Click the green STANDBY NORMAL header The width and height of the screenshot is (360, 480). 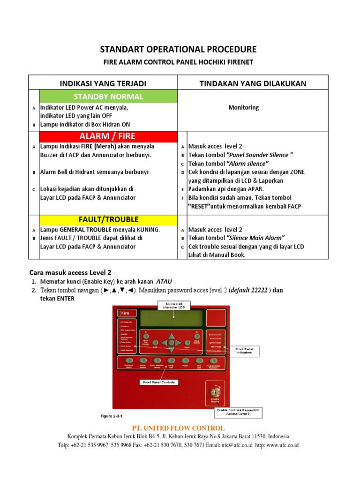(108, 97)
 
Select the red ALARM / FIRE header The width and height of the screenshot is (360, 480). (108, 136)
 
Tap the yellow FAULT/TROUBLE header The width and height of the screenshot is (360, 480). (108, 219)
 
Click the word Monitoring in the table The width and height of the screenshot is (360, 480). (243, 107)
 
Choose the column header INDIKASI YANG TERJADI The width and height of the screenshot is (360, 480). (103, 83)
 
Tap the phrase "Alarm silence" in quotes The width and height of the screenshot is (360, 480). (247, 164)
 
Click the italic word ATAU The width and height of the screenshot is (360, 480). (164, 281)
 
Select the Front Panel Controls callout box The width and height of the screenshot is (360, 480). (159, 382)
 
